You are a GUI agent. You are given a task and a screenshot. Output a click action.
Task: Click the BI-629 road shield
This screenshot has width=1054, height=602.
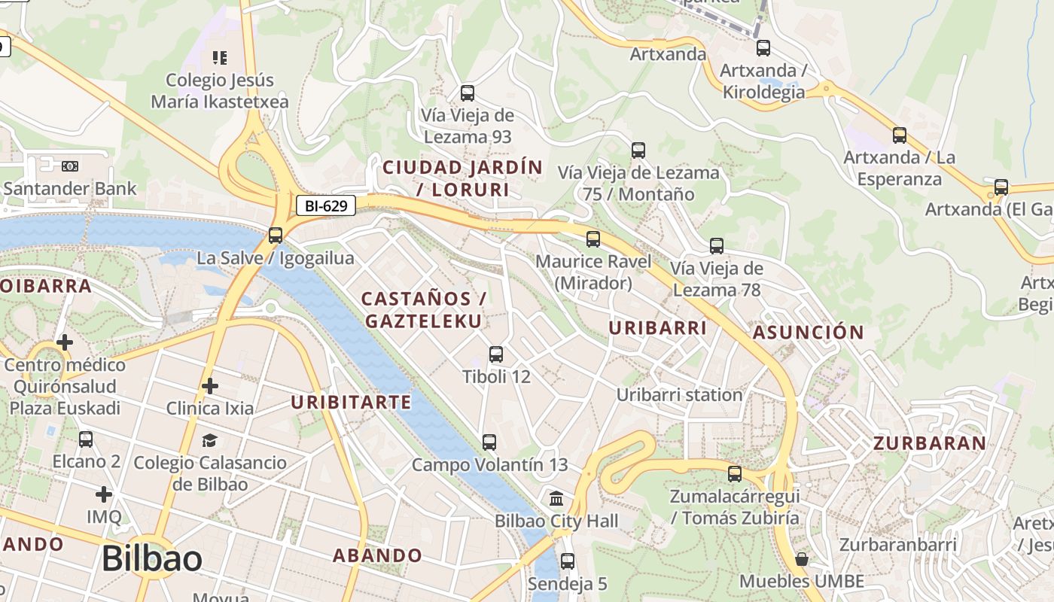click(x=325, y=205)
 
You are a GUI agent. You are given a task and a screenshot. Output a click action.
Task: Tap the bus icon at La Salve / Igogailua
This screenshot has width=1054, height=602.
click(x=276, y=235)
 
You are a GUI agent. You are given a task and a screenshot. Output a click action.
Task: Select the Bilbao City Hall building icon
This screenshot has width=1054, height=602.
click(x=556, y=498)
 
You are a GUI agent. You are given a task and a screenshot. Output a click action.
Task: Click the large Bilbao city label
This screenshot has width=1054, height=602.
click(x=151, y=559)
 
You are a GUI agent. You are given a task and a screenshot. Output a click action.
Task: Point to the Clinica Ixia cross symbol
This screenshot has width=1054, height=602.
click(x=210, y=386)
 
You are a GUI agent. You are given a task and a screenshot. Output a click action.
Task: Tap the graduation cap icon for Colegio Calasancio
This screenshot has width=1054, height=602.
click(x=209, y=440)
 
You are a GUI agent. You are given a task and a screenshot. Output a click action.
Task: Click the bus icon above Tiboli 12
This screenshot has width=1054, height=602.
click(x=496, y=354)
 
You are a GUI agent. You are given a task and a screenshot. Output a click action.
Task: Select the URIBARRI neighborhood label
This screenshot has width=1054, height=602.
click(x=657, y=328)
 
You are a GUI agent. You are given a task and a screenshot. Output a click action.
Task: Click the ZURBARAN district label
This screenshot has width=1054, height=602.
click(x=930, y=443)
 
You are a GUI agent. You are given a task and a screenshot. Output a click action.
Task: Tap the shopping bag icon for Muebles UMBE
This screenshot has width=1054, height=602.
click(x=802, y=559)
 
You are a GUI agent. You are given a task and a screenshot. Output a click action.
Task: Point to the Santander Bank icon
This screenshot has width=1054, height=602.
click(x=70, y=166)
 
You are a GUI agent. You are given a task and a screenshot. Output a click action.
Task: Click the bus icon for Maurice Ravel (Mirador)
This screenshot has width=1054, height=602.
click(x=593, y=239)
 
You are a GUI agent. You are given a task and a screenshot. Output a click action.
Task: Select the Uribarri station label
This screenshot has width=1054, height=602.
click(x=679, y=394)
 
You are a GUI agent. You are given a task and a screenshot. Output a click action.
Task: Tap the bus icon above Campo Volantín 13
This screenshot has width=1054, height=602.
click(x=489, y=442)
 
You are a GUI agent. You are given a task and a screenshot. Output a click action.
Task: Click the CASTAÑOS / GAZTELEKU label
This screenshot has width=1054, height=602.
click(x=423, y=309)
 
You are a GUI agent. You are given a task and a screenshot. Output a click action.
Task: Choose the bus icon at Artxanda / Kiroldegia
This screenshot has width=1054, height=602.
click(x=763, y=48)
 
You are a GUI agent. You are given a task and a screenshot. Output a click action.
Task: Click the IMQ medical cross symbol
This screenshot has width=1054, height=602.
click(x=104, y=494)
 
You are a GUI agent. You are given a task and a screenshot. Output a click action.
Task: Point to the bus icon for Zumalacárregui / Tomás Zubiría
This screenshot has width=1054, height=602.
click(x=734, y=474)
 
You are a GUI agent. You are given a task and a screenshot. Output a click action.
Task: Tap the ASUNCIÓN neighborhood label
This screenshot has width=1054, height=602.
click(x=809, y=333)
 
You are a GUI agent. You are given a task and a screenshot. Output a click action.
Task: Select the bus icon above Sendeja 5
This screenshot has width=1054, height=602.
click(x=568, y=561)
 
